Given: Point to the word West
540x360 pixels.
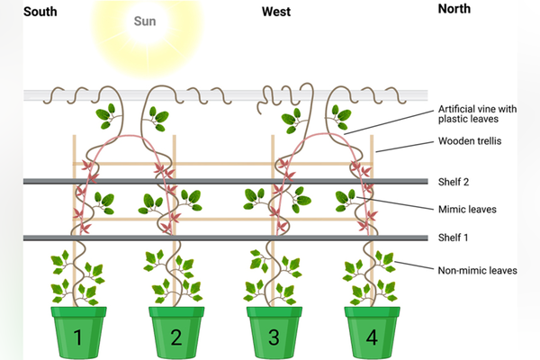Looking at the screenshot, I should click(x=276, y=12).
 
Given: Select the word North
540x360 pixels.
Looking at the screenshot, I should click(x=454, y=9).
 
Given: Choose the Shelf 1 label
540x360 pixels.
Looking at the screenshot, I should click(x=454, y=238).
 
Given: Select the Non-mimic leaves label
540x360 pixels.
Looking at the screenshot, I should click(x=476, y=269).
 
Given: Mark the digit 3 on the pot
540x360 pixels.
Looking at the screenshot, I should click(x=274, y=338).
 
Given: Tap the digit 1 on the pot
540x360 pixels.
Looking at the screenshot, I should click(x=78, y=338).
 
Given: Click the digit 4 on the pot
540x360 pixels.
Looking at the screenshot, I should click(x=372, y=338).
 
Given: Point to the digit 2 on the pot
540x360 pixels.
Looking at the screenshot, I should click(x=176, y=338).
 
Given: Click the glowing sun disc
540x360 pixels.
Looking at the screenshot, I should click(x=144, y=31).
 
